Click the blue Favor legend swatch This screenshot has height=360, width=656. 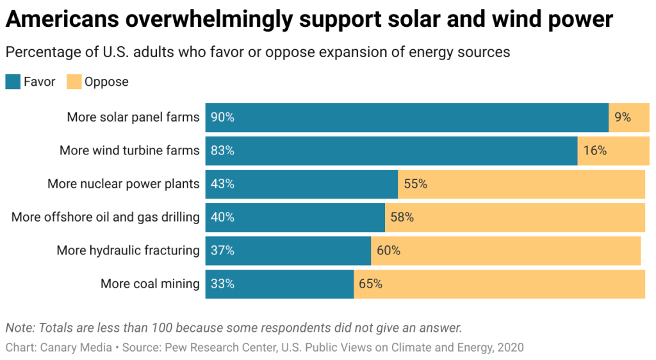coord(13,82)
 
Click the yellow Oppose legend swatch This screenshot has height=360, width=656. coord(74,82)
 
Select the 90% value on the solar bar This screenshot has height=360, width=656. coord(222,117)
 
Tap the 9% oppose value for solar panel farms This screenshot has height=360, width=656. coord(623,117)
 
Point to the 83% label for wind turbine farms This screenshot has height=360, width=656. coord(222,151)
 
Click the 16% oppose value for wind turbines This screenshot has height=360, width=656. coord(594,151)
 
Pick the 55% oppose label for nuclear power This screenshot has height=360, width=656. coord(415,184)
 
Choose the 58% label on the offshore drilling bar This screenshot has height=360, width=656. coord(402,217)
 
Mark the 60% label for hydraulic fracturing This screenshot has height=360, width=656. coord(388,250)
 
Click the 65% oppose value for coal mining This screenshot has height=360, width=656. coord(370,284)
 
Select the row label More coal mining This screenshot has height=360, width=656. coord(150,284)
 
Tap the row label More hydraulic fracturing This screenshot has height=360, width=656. coord(128,250)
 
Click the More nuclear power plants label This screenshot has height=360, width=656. coord(124,184)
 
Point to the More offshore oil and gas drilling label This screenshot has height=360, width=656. coord(106,217)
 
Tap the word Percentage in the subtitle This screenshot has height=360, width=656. coord(38,52)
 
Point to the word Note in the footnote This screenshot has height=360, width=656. coord(19,327)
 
